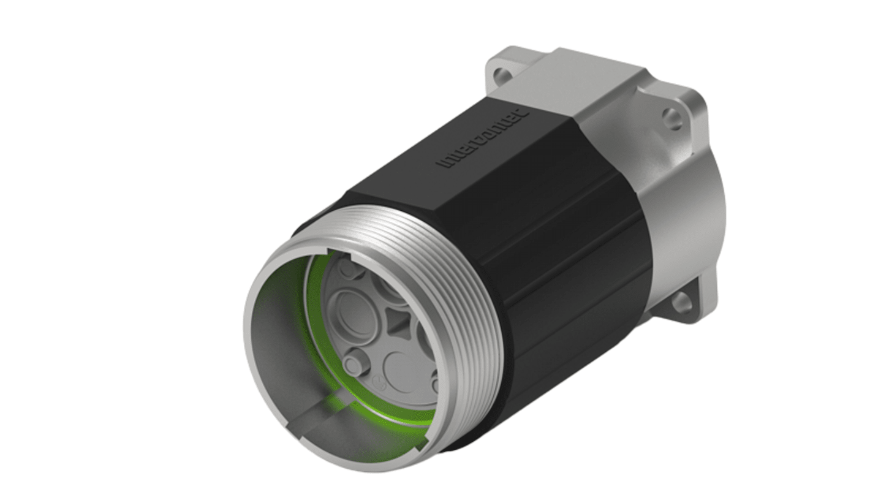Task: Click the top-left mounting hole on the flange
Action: (x=503, y=77)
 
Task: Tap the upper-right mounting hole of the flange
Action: (x=672, y=118)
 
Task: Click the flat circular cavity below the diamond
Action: (x=401, y=371)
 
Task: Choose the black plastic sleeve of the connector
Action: (x=551, y=245)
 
